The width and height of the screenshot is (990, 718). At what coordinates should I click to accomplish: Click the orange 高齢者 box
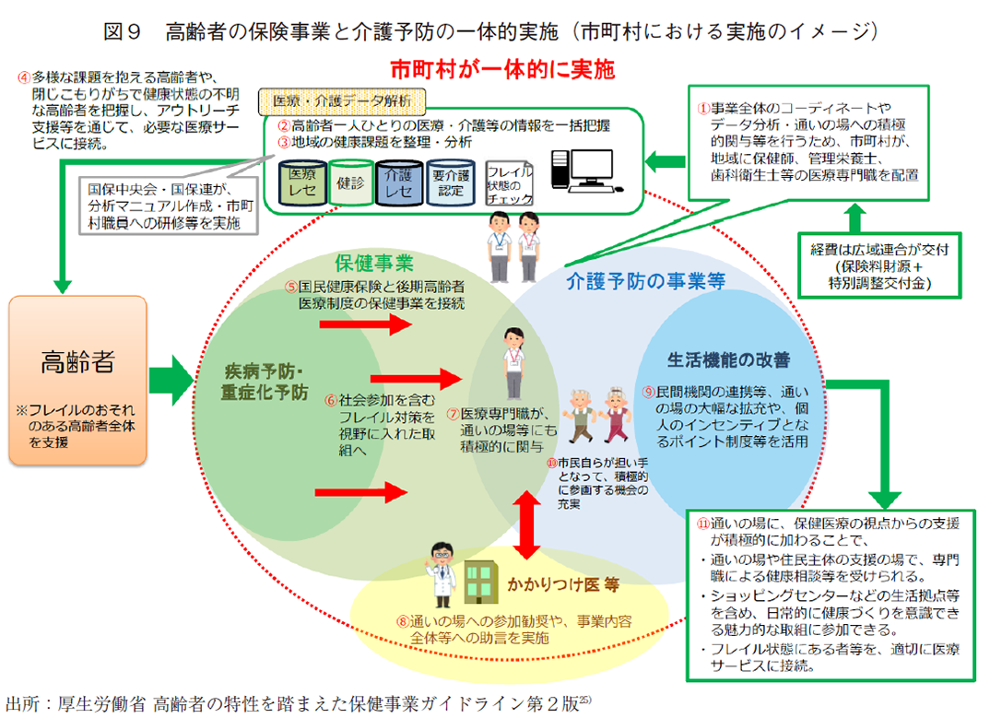pyautogui.click(x=78, y=379)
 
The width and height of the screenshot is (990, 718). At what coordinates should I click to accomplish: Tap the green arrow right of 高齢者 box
pyautogui.click(x=172, y=378)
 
